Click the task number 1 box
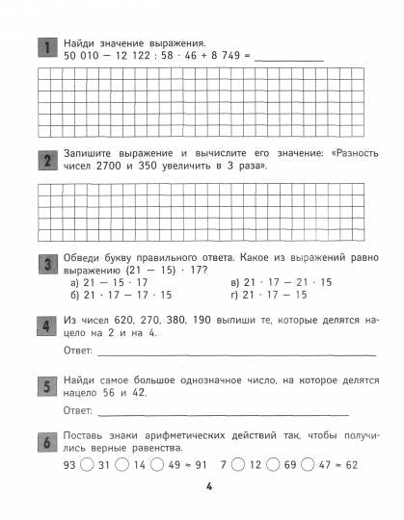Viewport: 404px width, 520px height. [44, 48]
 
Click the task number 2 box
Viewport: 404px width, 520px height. [44, 158]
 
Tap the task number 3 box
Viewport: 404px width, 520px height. [44, 264]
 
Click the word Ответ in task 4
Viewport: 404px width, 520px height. [77, 350]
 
